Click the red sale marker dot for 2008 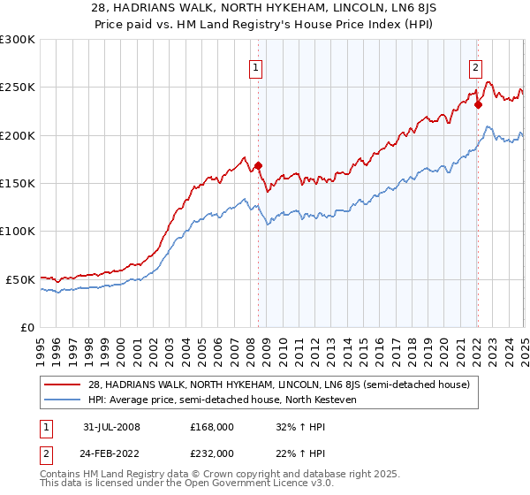(x=259, y=165)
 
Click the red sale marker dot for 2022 (x=478, y=104)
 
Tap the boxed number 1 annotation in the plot (x=255, y=66)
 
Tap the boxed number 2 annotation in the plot (x=475, y=66)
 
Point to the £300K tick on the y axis (x=18, y=40)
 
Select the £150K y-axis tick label (x=18, y=184)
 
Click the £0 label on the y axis (x=26, y=327)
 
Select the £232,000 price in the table (x=212, y=453)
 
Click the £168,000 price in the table (x=212, y=426)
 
